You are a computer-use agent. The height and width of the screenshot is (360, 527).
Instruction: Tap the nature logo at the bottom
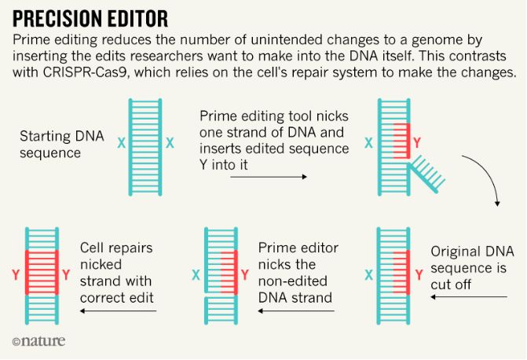coord(38,341)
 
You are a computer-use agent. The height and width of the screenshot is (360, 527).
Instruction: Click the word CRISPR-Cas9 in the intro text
coord(86,72)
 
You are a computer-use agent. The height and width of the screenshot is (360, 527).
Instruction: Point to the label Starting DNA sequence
coord(62,145)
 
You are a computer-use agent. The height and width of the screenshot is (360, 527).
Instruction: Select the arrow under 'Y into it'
coord(269,177)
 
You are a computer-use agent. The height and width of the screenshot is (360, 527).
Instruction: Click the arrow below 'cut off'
coord(469,297)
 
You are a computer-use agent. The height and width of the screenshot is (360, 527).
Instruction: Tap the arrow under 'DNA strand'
coord(296,311)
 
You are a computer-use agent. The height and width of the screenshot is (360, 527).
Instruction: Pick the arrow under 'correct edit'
coord(119,311)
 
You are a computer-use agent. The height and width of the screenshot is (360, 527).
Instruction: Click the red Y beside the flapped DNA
coord(417,142)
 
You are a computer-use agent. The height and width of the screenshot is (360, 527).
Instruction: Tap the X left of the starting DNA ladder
coord(121,143)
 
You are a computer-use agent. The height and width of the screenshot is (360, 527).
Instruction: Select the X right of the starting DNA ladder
coord(170,143)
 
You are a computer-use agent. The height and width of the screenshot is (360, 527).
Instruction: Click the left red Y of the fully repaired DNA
coord(16,275)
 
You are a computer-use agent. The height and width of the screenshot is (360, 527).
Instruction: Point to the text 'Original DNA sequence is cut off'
coord(472,268)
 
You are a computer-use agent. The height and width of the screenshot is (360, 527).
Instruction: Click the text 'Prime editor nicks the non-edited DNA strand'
coord(298,273)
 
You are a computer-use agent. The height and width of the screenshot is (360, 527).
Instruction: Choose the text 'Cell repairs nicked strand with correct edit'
coord(116,273)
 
